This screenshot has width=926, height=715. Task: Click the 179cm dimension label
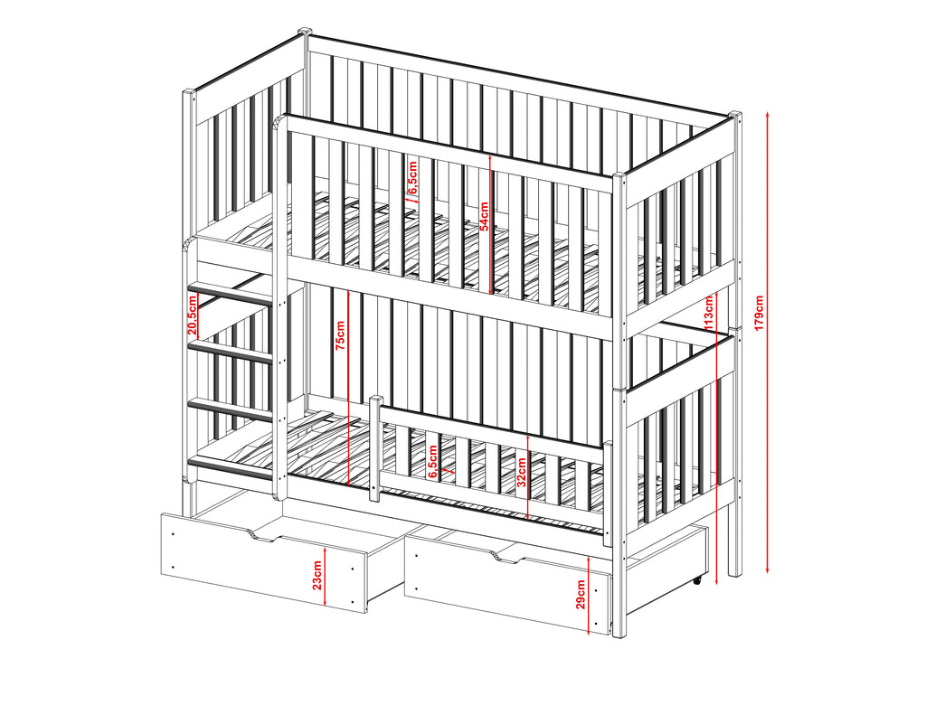760,313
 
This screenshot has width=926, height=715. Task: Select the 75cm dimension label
341,335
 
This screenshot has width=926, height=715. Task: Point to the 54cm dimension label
484,216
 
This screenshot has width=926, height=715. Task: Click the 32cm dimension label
522,472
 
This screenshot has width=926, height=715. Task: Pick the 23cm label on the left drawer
317,576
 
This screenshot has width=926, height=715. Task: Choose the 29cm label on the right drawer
581,594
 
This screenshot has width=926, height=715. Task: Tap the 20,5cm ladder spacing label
192,315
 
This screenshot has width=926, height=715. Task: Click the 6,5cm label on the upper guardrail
412,177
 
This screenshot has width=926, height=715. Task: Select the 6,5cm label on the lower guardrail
433,462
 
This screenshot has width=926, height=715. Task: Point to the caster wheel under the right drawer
698,580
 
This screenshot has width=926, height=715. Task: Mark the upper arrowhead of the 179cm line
767,113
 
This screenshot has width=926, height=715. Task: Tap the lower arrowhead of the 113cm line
716,581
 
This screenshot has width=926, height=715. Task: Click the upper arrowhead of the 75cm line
349,292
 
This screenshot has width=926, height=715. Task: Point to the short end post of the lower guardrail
374,448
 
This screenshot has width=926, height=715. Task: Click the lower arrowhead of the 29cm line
590,632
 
